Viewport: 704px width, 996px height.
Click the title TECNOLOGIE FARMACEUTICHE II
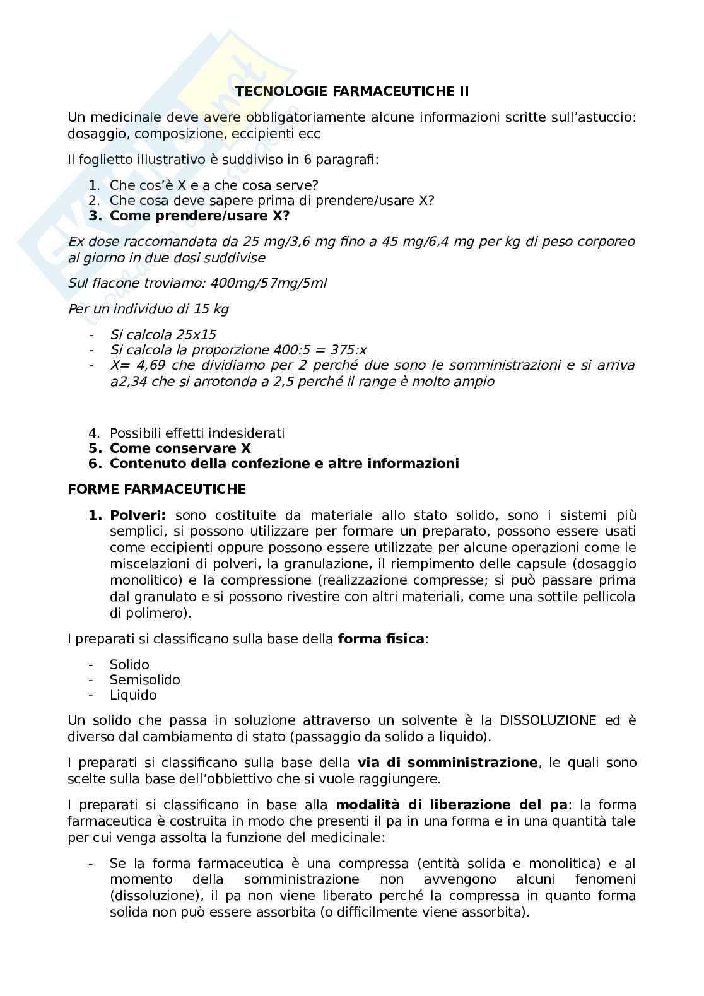pos(352,91)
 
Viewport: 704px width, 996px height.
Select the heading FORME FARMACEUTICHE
pos(156,489)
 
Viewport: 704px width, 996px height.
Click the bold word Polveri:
pos(138,515)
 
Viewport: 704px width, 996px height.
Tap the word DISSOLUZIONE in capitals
pos(548,720)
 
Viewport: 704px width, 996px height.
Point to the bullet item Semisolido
pos(144,680)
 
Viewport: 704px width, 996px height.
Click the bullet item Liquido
pos(133,695)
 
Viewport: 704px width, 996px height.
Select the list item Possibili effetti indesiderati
pos(197,433)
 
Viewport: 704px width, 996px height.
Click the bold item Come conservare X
pos(180,448)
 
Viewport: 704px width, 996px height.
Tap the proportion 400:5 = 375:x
pos(320,350)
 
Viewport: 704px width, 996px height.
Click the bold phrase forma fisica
pos(381,639)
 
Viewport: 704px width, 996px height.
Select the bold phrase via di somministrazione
pos(447,763)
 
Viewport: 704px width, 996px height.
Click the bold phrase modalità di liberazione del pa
pos(452,805)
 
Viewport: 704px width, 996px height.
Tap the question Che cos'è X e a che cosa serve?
pos(214,185)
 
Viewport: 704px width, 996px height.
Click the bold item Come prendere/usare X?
pos(199,215)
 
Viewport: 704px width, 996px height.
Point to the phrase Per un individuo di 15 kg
pos(148,309)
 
